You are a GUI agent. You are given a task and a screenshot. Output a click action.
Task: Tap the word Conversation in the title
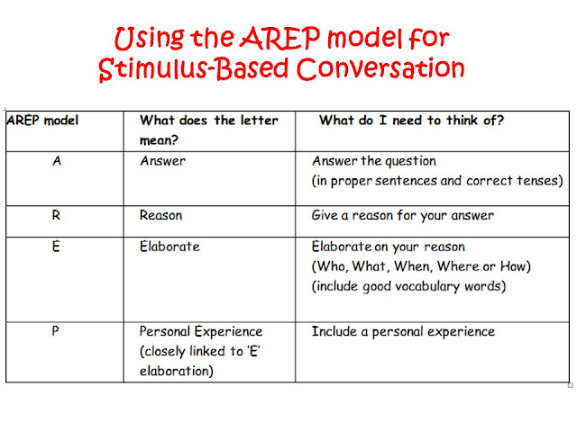pos(388,67)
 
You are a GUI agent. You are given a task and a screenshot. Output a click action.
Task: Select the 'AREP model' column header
pos(42,121)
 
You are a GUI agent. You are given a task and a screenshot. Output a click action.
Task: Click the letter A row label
pos(58,163)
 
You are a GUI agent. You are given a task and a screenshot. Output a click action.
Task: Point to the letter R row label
pos(58,216)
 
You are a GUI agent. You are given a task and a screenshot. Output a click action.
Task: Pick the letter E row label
pos(57,246)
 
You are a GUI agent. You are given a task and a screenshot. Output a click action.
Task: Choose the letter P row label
pos(57,331)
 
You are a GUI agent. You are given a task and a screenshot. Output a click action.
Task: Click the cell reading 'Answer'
pos(162,163)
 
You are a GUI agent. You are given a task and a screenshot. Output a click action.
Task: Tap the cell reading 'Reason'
pos(162,216)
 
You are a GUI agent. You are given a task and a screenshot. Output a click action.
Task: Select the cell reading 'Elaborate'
pos(169,246)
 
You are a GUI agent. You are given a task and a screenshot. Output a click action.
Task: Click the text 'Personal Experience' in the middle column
pos(201,331)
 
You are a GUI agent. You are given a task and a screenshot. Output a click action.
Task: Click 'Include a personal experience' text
pos(403,331)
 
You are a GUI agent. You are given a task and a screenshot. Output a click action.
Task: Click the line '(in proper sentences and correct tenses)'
pos(437,182)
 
